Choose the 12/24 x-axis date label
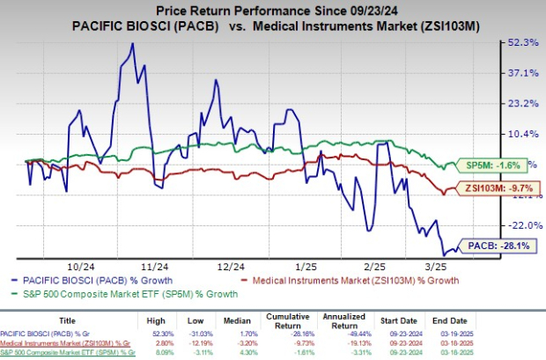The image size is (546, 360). [x=231, y=265]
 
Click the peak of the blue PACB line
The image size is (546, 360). [x=133, y=43]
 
